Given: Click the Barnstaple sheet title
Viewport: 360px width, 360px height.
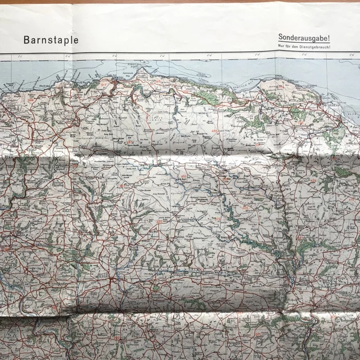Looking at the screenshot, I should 51,40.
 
